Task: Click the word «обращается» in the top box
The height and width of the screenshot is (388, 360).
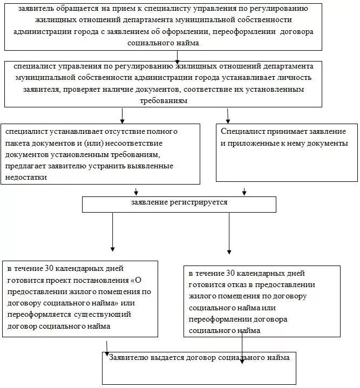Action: [74, 10]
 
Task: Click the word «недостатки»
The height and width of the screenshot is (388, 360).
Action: [26, 178]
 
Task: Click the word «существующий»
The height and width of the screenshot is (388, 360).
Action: [107, 315]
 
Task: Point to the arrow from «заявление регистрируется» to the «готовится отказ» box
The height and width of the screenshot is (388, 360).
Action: [229, 232]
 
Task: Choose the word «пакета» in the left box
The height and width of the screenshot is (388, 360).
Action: [17, 143]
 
